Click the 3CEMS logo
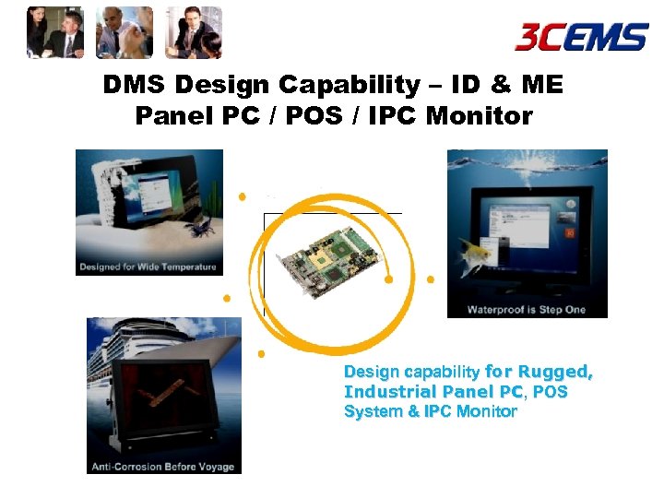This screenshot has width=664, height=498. tap(581, 37)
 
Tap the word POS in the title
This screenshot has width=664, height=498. tap(319, 117)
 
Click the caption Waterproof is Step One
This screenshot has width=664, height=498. tap(527, 310)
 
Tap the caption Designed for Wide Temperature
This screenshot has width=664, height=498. tap(149, 267)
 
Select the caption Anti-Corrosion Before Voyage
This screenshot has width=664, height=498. tap(163, 467)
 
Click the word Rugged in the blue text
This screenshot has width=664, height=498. tap(555, 373)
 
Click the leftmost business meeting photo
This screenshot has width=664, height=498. tap(55, 32)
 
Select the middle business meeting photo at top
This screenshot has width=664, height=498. tap(125, 32)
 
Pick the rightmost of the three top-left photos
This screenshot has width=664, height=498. tap(194, 32)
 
